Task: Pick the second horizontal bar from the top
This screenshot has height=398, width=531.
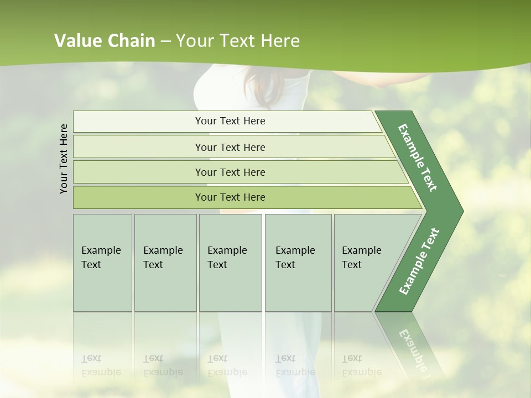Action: [230, 147]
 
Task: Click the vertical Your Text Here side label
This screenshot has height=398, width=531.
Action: [64, 159]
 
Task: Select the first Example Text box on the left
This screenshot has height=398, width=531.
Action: [102, 263]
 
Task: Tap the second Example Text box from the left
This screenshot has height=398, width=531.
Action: [165, 263]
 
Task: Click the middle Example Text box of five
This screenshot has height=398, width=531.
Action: [230, 263]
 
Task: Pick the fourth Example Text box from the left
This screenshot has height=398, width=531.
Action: [298, 263]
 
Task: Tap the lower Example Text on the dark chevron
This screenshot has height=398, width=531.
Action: [419, 261]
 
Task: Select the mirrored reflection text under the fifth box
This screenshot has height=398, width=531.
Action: [361, 365]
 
